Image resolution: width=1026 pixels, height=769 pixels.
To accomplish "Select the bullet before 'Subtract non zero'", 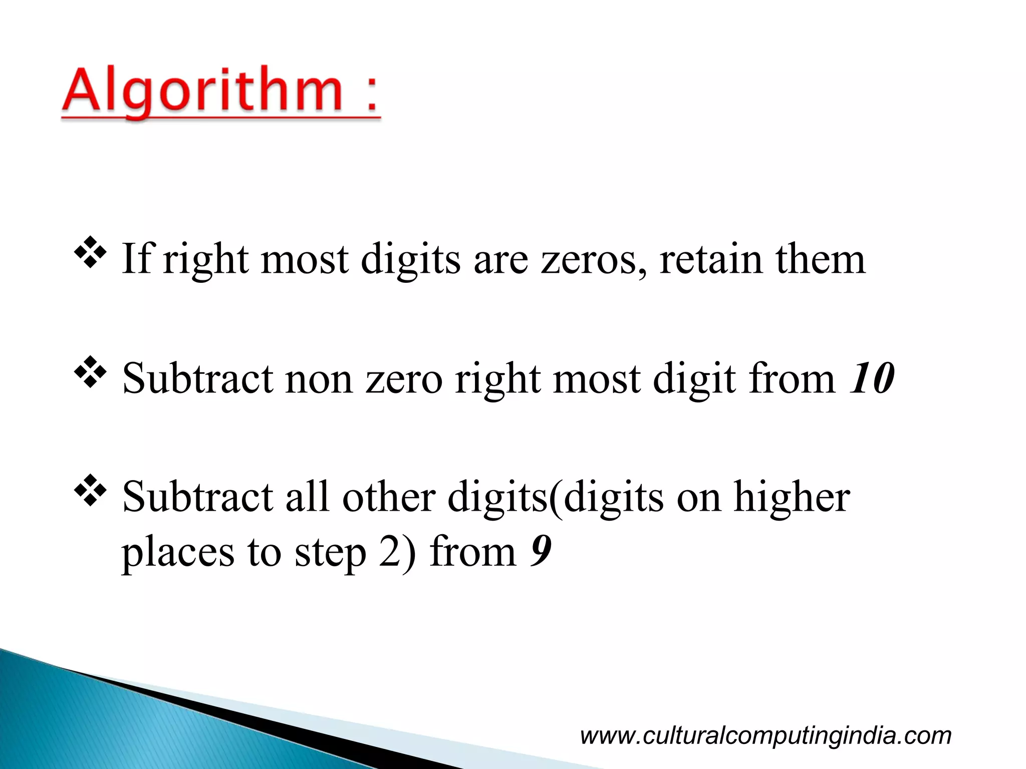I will (x=90, y=372).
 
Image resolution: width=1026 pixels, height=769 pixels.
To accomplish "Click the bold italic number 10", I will (x=872, y=378).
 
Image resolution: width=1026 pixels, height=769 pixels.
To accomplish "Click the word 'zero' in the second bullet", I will (x=404, y=379).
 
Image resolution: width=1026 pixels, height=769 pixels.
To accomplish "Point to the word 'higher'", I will (x=792, y=498).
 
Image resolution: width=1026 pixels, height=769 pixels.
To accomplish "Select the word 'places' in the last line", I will (x=178, y=554).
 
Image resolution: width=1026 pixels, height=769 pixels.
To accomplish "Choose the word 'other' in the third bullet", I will (x=389, y=498).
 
